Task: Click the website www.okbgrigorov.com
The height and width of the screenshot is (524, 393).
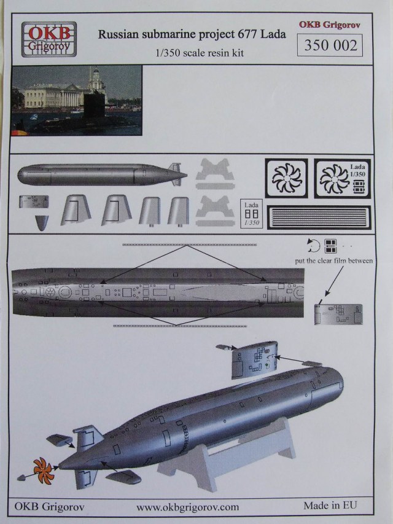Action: (x=187, y=507)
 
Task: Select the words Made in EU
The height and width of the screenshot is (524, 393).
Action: (x=330, y=506)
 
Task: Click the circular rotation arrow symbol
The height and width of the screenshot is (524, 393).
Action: (x=312, y=245)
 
